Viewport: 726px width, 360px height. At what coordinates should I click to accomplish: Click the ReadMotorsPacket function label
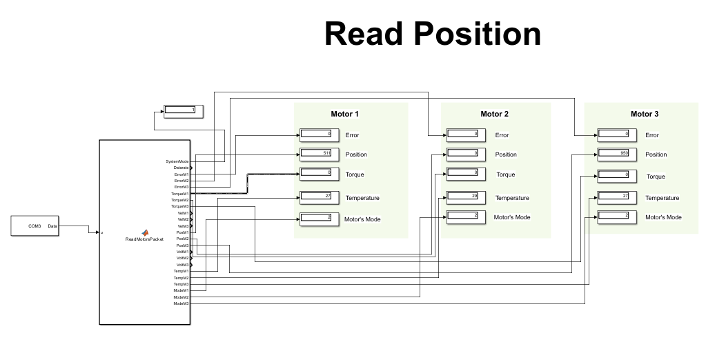144,239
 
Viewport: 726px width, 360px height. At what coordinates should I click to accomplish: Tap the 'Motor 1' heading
345,114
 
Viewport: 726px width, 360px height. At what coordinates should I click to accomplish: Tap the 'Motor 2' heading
494,114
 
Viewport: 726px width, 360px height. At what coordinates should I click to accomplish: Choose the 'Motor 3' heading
645,114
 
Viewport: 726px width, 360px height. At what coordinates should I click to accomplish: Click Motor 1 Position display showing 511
319,154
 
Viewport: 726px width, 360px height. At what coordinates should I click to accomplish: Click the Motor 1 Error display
319,134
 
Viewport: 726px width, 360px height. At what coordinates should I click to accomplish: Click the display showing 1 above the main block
183,110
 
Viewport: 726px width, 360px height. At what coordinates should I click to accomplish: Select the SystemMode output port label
177,161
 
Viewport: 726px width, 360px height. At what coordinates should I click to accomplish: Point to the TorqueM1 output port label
179,194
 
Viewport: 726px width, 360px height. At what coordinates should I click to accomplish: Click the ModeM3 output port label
181,303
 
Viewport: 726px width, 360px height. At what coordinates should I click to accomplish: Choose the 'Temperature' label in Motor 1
362,198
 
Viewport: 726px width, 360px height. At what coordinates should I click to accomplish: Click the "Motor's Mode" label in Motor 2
512,217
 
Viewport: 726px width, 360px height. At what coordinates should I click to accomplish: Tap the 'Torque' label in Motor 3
656,177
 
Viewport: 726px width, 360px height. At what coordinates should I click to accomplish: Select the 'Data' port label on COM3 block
52,226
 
